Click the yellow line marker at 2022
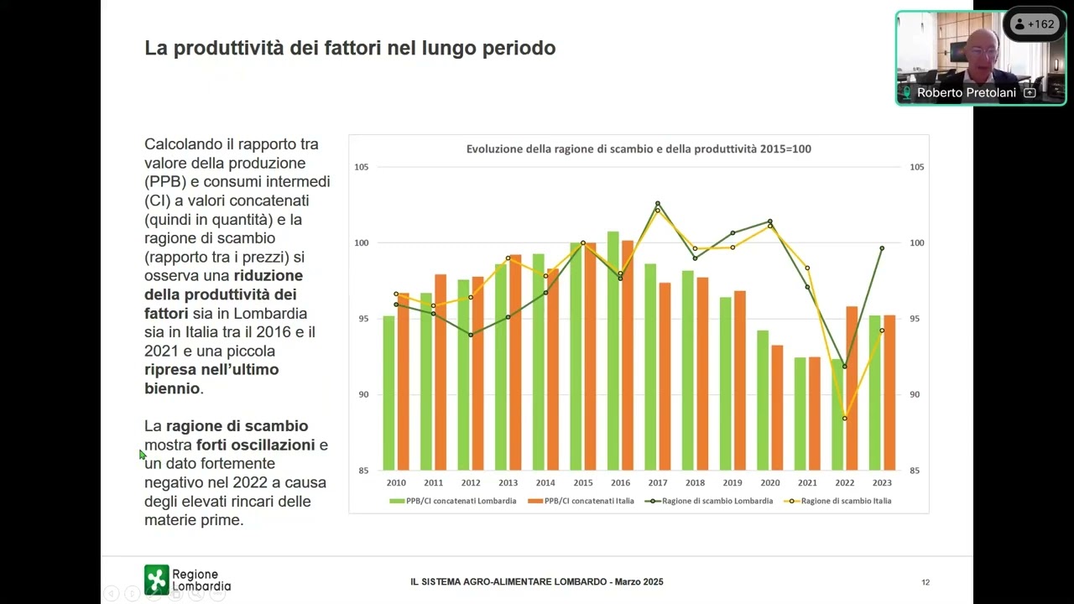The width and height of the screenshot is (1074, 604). pos(845,419)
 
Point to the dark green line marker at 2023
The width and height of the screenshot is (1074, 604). pos(882,248)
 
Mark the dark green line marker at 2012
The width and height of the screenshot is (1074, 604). pos(471,335)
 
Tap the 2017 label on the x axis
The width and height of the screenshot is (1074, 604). pos(657,483)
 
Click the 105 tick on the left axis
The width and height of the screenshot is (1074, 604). pos(362,167)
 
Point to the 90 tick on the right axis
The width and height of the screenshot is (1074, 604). pos(916,394)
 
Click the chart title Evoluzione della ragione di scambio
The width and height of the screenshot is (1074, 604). pos(639,149)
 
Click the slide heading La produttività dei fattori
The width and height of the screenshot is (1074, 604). pos(350,49)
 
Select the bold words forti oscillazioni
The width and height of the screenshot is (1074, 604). pos(256,445)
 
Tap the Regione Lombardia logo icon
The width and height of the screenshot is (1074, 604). pos(156,580)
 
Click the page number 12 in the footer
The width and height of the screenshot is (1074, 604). pos(925,582)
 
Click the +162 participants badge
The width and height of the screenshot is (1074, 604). pos(1034,24)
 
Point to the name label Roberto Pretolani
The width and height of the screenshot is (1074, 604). pos(966,93)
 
